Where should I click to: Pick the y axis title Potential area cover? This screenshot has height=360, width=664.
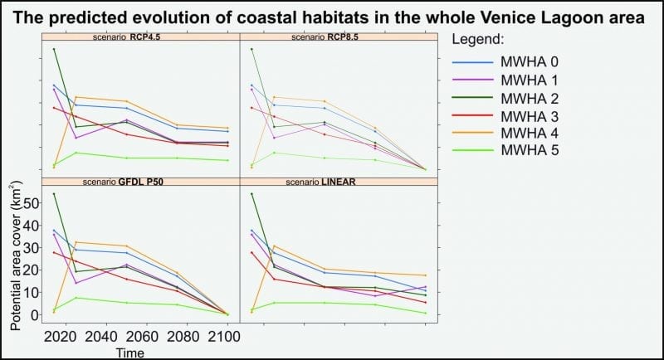(x=12, y=258)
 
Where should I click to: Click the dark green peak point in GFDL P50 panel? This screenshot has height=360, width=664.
(x=54, y=194)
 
